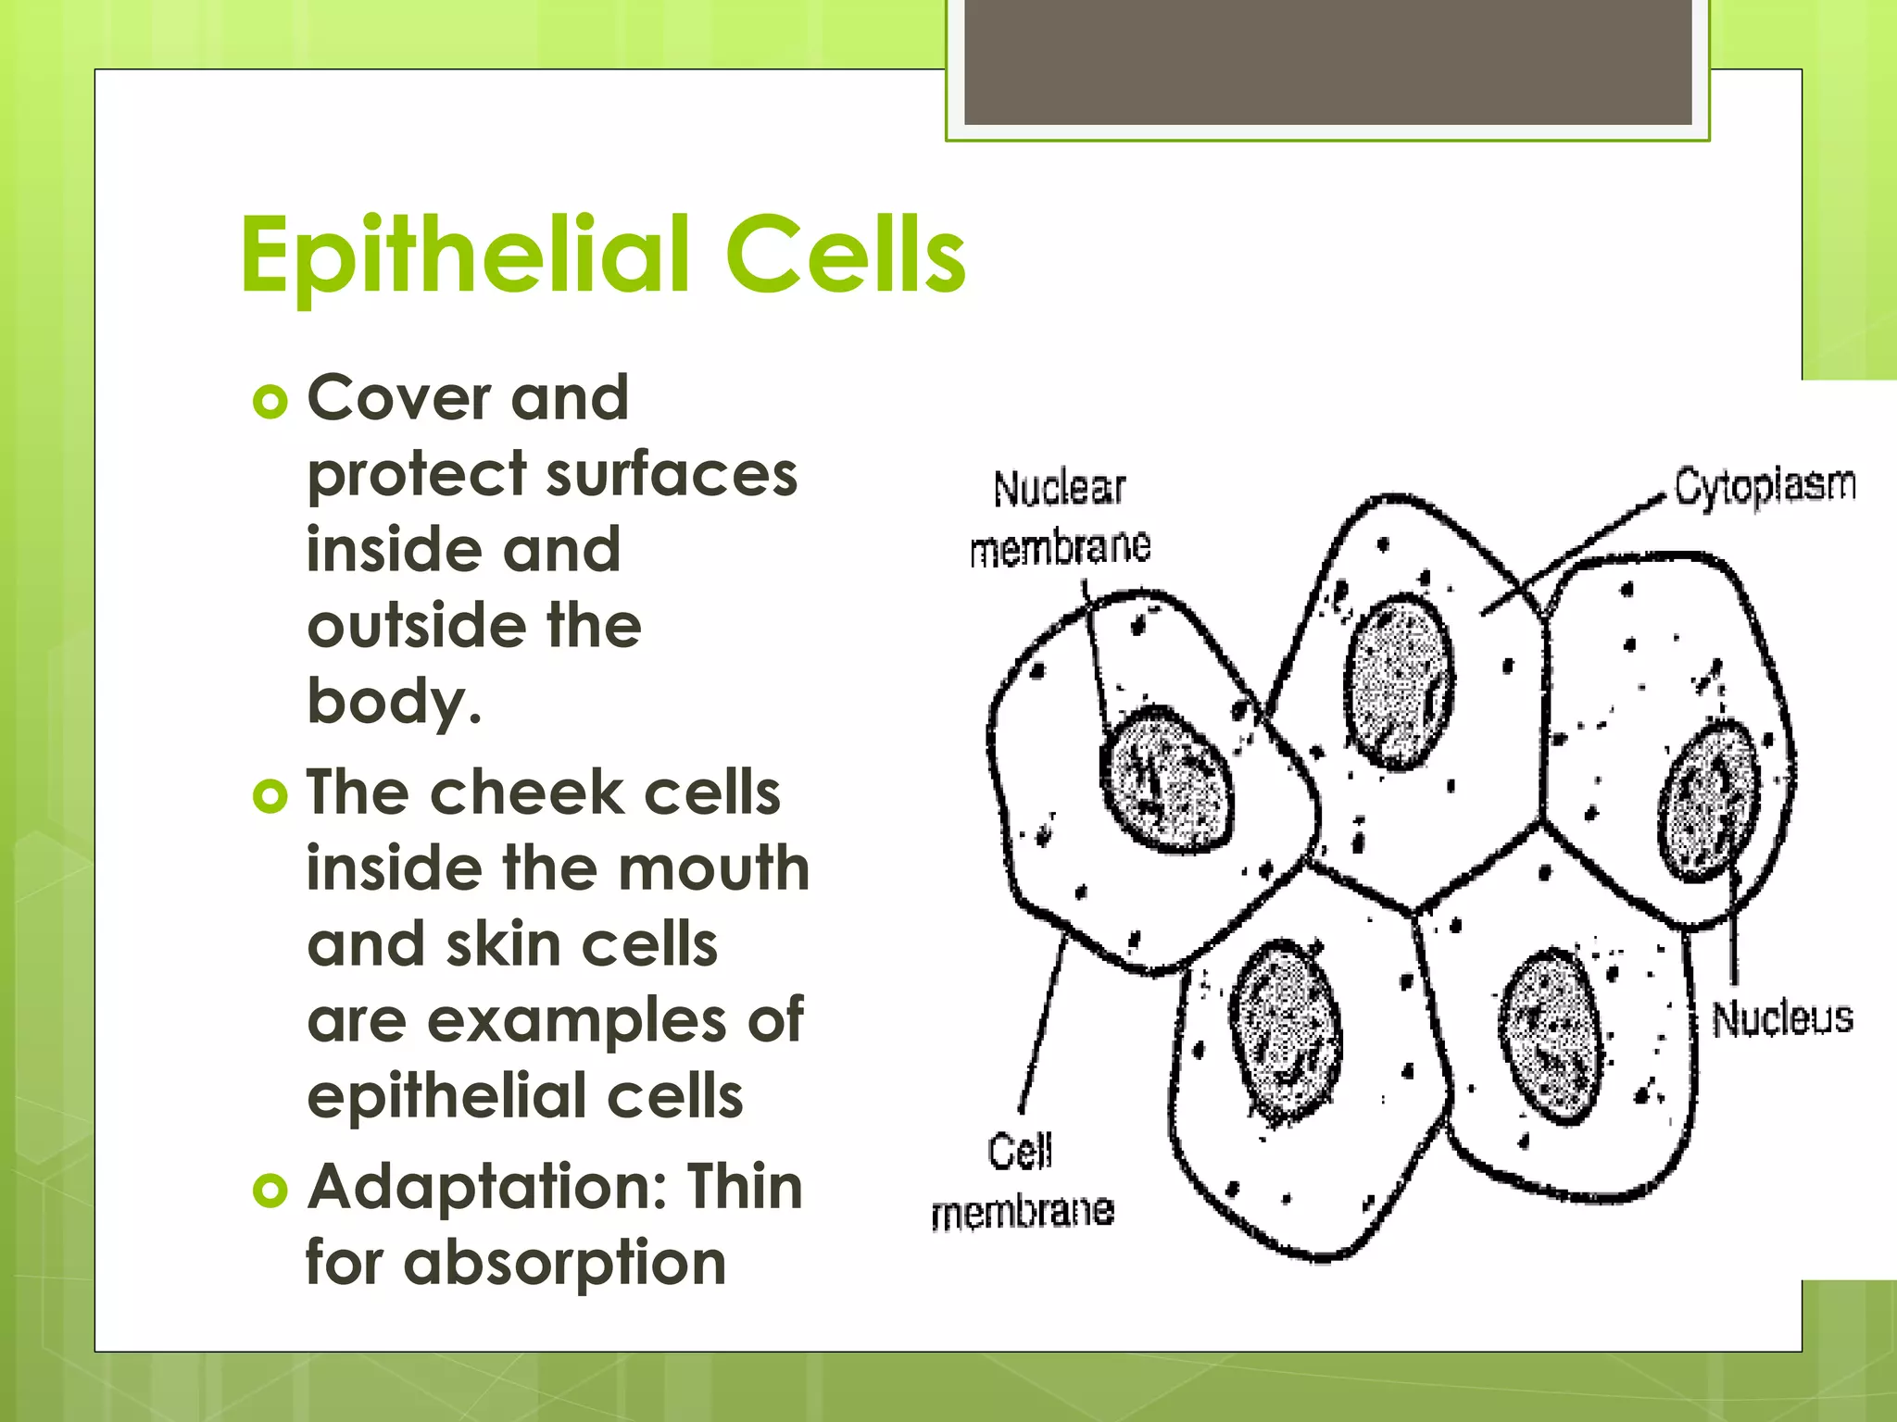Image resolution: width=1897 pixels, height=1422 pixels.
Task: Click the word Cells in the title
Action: pos(845,255)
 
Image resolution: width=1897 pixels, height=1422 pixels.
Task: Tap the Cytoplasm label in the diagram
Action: pos(1765,487)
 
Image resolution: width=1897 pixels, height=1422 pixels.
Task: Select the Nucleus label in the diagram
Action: pos(1781,1018)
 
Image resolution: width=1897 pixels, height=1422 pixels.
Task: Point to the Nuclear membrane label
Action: pos(1060,518)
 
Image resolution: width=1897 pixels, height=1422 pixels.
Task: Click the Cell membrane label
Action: pos(1022,1180)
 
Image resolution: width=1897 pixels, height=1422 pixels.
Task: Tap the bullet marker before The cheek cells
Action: pos(270,796)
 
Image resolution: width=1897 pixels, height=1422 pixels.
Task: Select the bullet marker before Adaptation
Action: pos(270,1191)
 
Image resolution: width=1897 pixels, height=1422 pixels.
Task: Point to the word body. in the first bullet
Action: pos(394,702)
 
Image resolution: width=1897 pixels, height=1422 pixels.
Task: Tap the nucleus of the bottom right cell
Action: pos(1549,1035)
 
